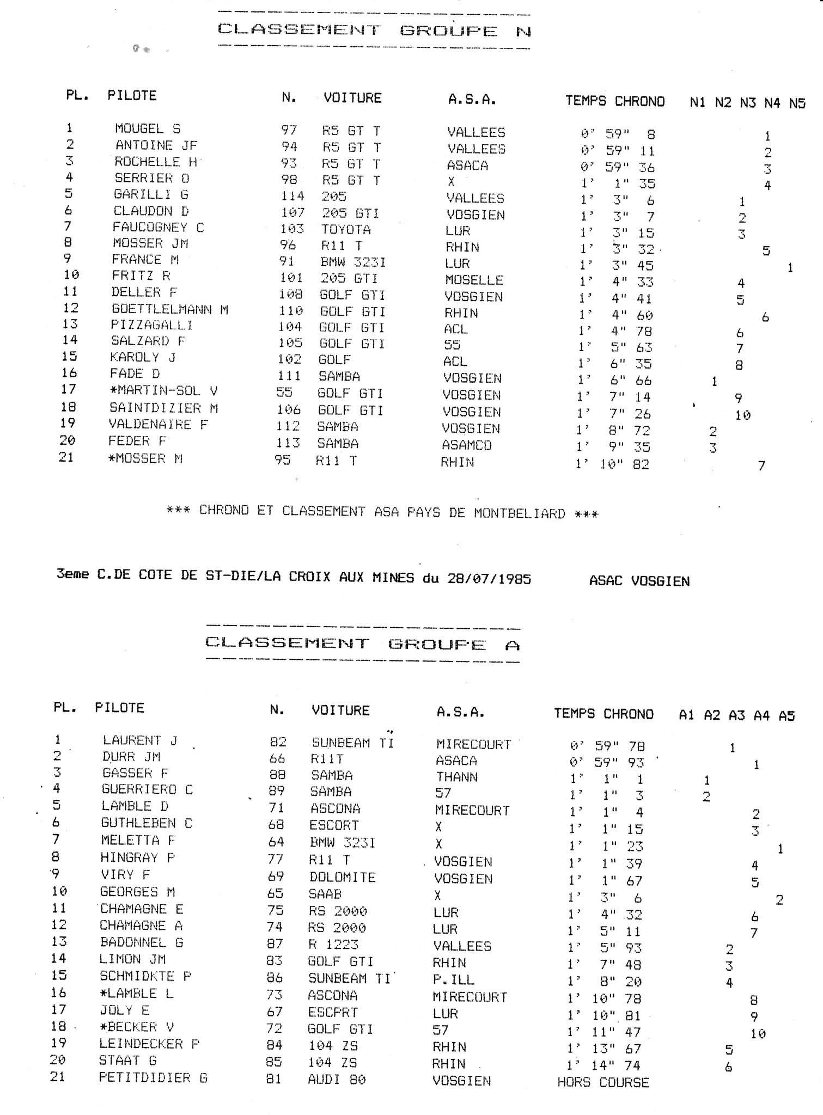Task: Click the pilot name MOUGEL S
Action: coord(147,129)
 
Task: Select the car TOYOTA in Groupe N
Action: coord(345,229)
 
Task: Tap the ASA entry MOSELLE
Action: coord(473,280)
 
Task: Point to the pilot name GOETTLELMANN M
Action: coord(169,309)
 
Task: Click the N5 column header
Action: coord(797,103)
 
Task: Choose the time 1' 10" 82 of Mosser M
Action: coord(612,464)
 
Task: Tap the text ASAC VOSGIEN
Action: coord(639,581)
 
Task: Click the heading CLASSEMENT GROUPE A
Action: coord(363,644)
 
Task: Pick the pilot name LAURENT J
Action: coord(139,740)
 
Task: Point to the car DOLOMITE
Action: coord(342,877)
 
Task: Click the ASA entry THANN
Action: coord(456,777)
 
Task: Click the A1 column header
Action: coord(686,715)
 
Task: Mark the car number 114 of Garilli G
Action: coord(292,196)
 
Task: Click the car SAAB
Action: coord(325,894)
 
